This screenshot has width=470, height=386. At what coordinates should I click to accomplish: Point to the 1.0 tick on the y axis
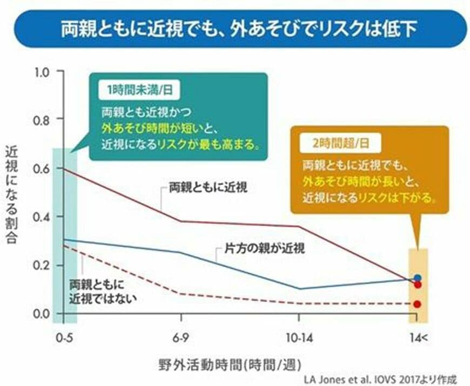(42, 71)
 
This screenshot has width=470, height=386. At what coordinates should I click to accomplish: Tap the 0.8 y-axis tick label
(42, 119)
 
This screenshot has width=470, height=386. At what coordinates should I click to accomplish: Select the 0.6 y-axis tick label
(42, 168)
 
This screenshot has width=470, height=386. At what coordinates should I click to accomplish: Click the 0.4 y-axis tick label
(42, 216)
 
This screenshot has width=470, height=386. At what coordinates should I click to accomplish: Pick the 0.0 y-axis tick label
(42, 314)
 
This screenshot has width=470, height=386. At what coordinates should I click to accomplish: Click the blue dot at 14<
(417, 278)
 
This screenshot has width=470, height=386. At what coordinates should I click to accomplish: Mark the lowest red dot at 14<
(417, 304)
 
